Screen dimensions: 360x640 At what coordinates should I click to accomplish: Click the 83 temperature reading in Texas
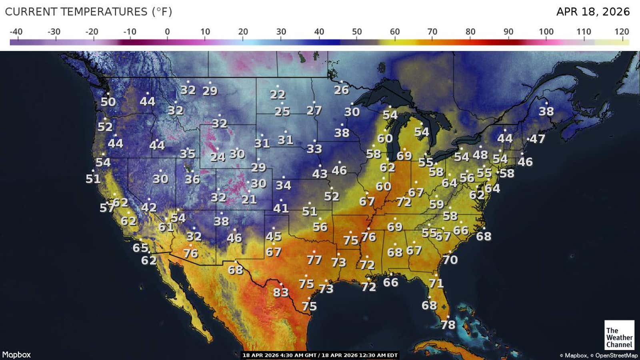pyautogui.click(x=281, y=292)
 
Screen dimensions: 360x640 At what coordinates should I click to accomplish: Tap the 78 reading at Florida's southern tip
pyautogui.click(x=448, y=324)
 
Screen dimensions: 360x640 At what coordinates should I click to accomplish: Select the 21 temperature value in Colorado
pyautogui.click(x=249, y=199)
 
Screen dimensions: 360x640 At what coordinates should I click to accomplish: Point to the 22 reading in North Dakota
pyautogui.click(x=278, y=95)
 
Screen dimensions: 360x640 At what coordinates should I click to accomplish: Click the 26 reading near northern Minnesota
pyautogui.click(x=342, y=90)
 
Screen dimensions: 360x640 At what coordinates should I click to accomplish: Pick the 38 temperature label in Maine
pyautogui.click(x=546, y=111)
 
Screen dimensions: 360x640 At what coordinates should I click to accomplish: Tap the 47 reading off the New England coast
pyautogui.click(x=538, y=139)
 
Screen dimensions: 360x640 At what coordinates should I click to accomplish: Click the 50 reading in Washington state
pyautogui.click(x=108, y=102)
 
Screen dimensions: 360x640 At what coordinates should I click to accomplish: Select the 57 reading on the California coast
pyautogui.click(x=107, y=208)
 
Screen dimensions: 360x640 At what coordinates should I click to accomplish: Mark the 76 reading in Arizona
pyautogui.click(x=191, y=253)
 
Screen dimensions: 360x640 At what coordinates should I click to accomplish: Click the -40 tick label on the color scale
pyautogui.click(x=16, y=32)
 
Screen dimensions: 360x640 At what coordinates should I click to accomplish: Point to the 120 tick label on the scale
pyautogui.click(x=622, y=32)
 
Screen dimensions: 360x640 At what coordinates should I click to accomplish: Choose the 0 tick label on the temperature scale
pyautogui.click(x=167, y=32)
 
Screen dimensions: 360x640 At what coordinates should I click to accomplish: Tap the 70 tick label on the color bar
pyautogui.click(x=432, y=32)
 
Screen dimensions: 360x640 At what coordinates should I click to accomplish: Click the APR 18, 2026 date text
pyautogui.click(x=593, y=12)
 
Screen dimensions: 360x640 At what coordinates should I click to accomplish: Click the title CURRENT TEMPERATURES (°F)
pyautogui.click(x=88, y=12)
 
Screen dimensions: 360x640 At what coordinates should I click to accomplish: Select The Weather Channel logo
pyautogui.click(x=619, y=335)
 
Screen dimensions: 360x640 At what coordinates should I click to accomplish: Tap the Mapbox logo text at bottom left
pyautogui.click(x=16, y=355)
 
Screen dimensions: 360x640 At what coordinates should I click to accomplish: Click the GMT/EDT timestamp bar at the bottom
pyautogui.click(x=320, y=355)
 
